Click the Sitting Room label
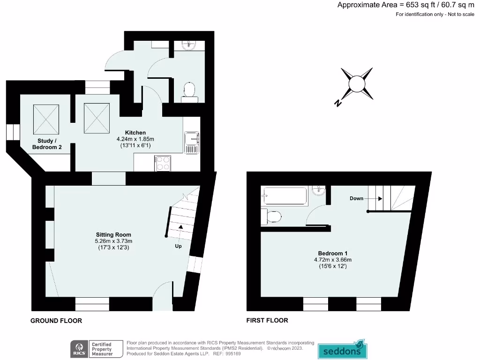[113, 234]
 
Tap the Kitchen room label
[135, 133]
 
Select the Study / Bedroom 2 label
[47, 144]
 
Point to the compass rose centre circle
[357, 84]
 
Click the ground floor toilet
[189, 90]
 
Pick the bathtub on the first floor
[285, 195]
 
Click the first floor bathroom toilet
[273, 216]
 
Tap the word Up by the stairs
[178, 246]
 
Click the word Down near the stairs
[356, 198]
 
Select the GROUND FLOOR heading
[56, 321]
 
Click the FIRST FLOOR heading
[267, 321]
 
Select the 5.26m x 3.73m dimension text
[113, 241]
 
